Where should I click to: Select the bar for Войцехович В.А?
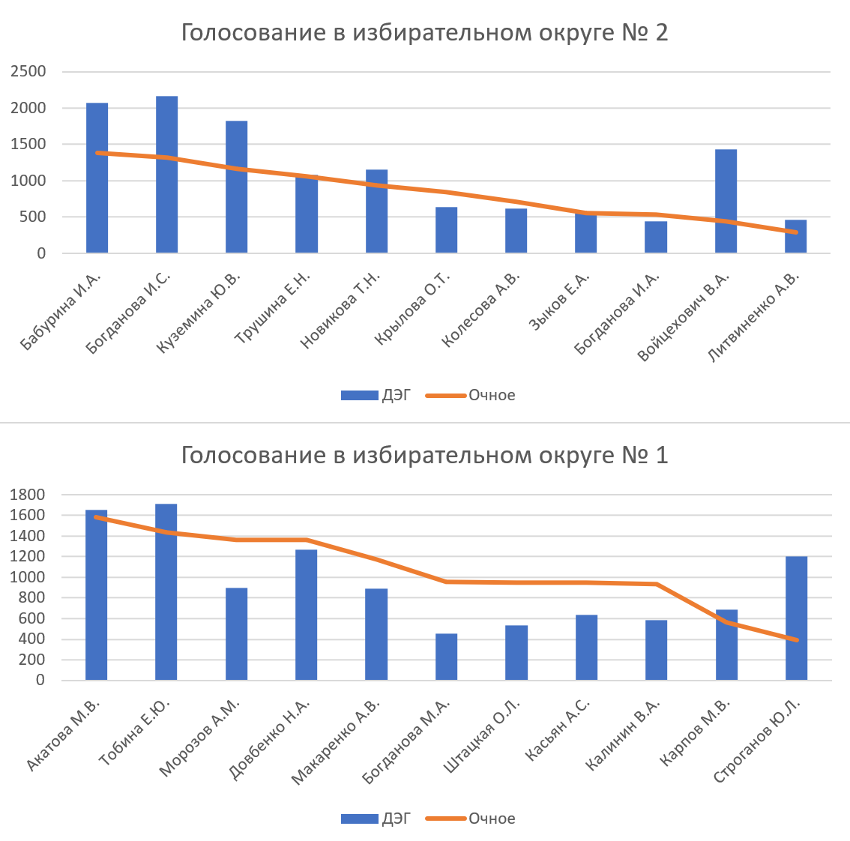726,202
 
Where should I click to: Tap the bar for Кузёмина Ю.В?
236,187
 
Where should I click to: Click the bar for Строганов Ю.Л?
796,618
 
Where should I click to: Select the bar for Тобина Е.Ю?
166,592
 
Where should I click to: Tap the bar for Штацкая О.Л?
516,653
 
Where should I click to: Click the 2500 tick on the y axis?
28,72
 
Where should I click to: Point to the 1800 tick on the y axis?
29,495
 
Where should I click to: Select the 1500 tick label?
28,145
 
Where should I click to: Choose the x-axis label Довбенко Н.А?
271,739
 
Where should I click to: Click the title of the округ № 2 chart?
424,34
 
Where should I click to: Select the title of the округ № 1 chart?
424,455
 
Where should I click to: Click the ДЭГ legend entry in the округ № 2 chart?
376,395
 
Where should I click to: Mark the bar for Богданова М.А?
446,657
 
